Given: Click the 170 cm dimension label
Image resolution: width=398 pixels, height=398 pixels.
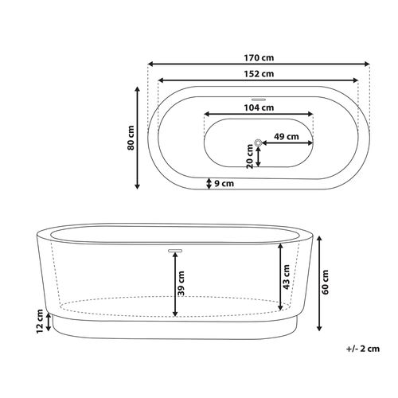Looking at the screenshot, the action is (x=259, y=57).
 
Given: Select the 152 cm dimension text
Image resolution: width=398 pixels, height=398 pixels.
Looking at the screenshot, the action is (x=259, y=74).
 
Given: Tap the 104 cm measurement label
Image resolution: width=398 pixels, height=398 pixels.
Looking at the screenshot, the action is (x=259, y=107).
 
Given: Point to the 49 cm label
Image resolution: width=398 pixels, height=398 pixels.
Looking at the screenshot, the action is (x=287, y=137).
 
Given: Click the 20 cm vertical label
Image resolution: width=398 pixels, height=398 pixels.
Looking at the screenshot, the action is (x=250, y=156).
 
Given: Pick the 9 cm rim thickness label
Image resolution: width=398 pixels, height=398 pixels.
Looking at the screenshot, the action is (x=224, y=183).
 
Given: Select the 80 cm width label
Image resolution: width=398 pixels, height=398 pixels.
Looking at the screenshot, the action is (x=131, y=138).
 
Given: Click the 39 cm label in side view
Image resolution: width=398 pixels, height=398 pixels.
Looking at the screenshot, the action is (x=181, y=283).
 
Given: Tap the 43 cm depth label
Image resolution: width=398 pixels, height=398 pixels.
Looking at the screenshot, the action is (x=287, y=277).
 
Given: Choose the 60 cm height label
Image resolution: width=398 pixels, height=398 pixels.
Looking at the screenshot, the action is (x=325, y=282).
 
